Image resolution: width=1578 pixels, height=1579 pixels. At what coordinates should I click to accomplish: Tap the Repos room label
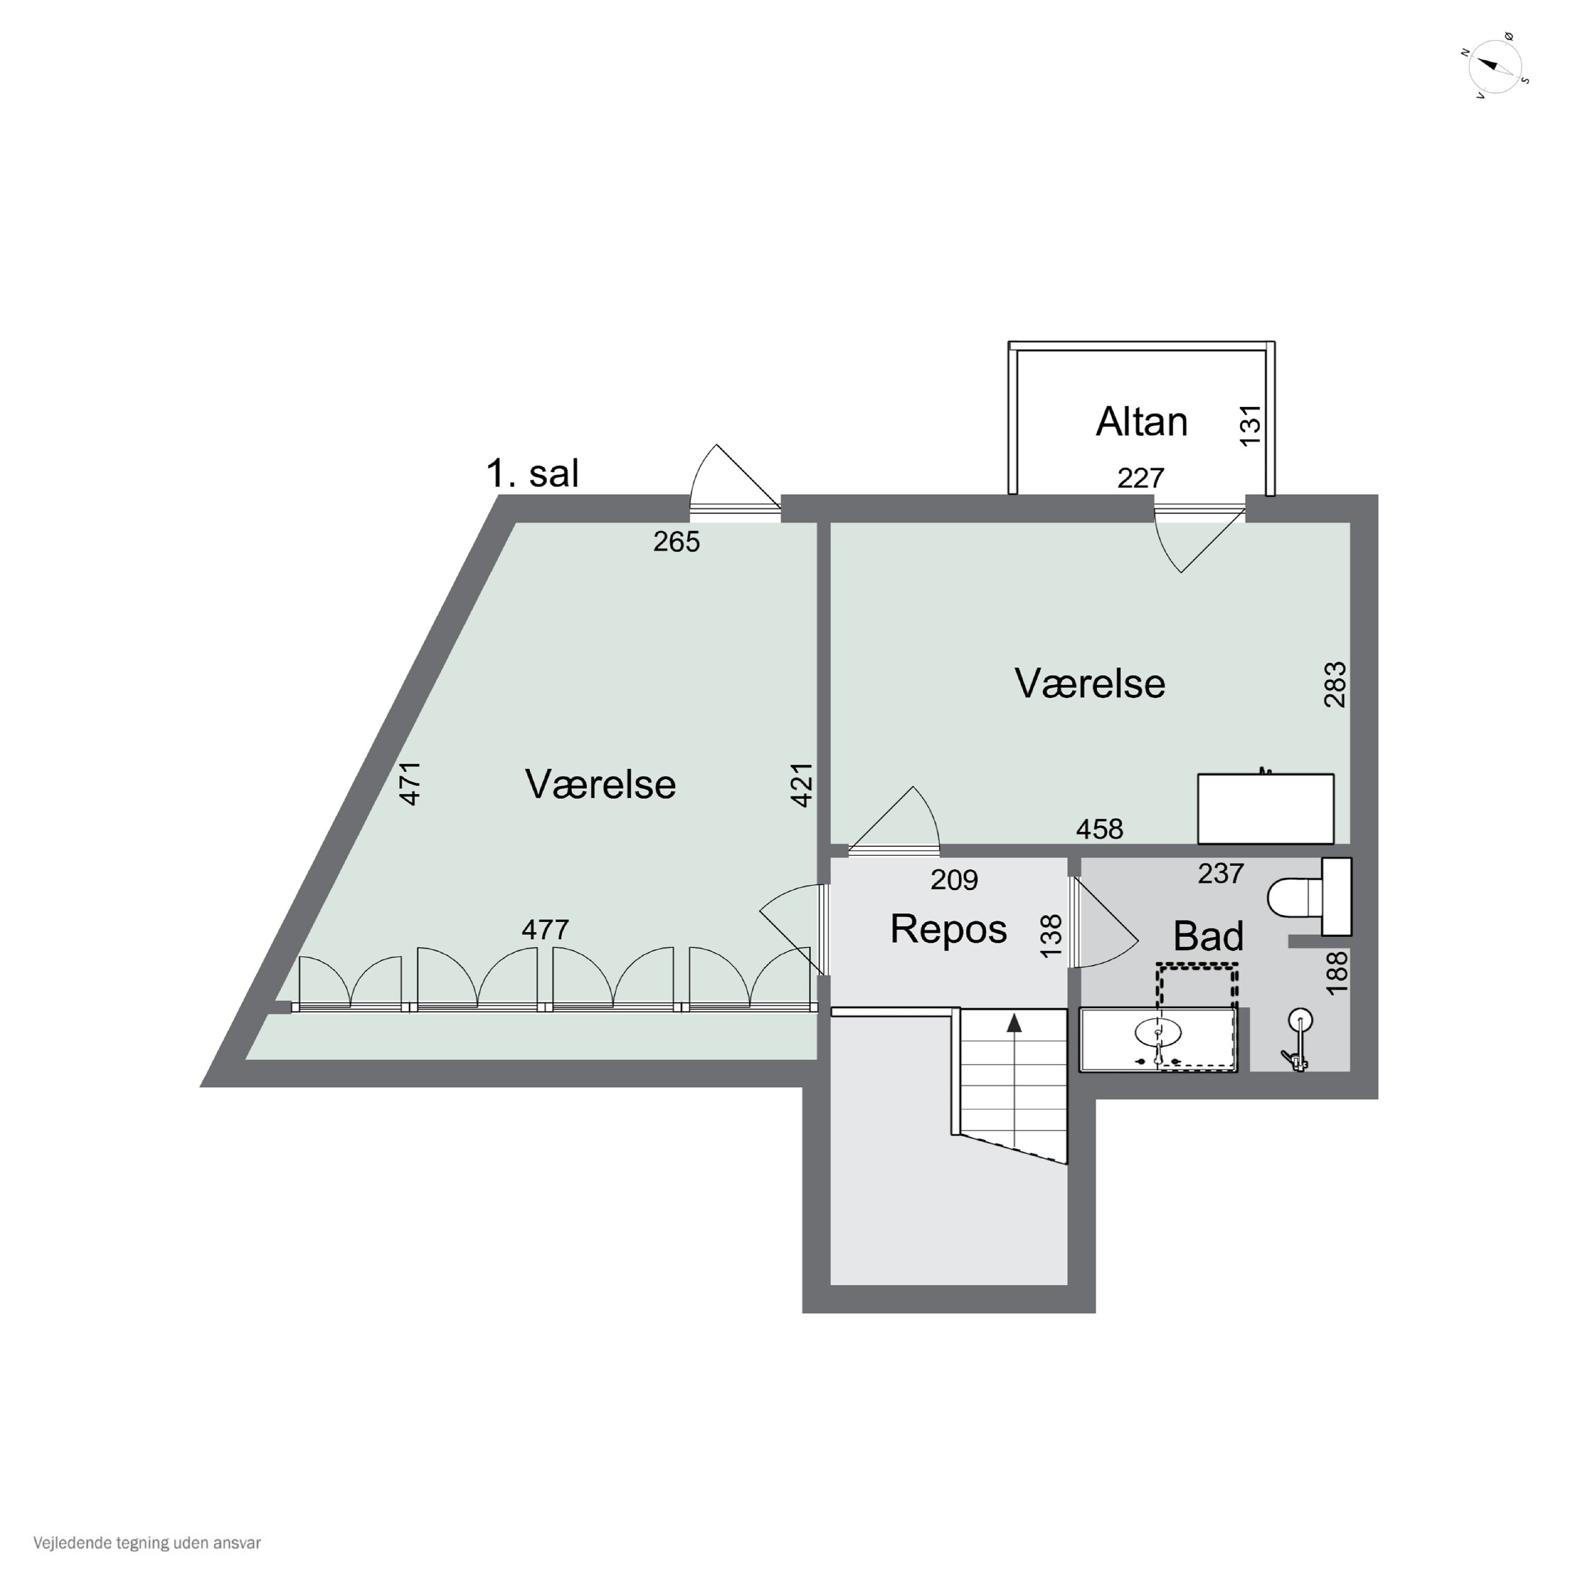tap(948, 930)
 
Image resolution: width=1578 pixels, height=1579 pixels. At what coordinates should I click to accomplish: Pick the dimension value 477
tap(545, 930)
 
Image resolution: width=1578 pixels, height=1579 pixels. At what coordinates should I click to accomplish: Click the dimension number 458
tap(1099, 830)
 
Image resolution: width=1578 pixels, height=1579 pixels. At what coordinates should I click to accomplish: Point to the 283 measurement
tap(1334, 684)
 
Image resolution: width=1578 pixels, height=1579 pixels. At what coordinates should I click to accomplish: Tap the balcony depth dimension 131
tap(1250, 425)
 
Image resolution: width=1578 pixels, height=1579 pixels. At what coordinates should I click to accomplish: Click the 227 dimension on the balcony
tap(1140, 477)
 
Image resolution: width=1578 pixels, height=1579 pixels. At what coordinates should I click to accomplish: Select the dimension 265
tap(677, 542)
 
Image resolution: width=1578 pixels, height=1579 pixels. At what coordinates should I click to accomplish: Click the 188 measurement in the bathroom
tap(1337, 973)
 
